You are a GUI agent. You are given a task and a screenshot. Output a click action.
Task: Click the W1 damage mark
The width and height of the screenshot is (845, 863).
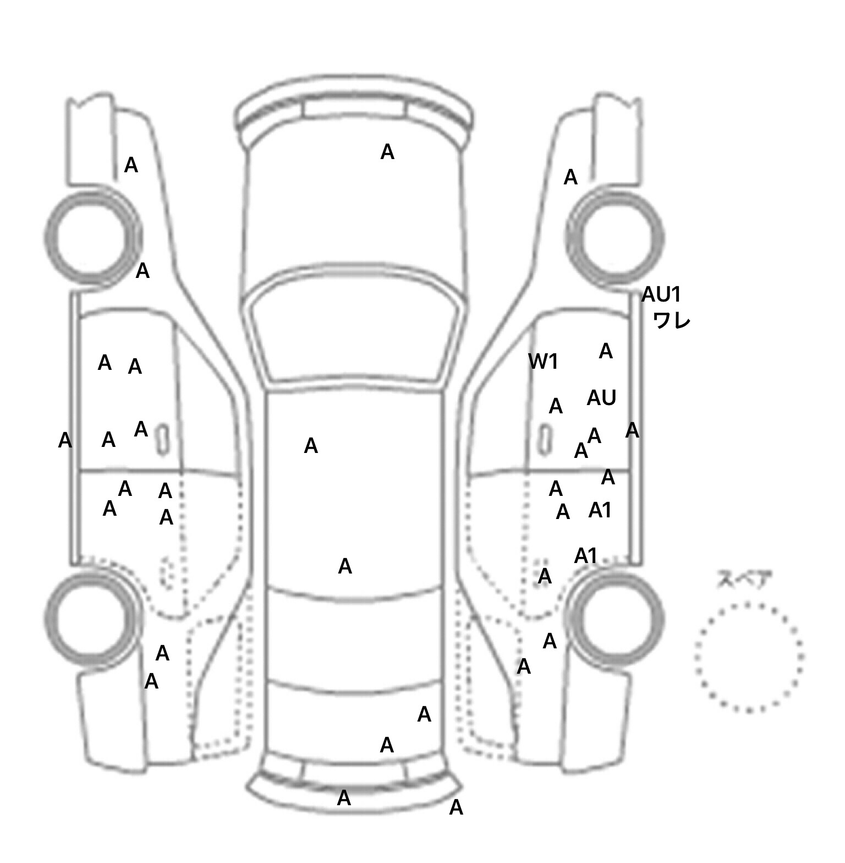(x=543, y=362)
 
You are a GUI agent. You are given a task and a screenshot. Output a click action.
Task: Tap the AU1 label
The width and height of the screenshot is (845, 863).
(x=661, y=295)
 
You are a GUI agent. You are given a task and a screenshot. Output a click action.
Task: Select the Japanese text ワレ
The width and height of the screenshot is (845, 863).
(x=672, y=320)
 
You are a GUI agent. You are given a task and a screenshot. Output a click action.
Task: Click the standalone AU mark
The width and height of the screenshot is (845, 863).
(x=601, y=398)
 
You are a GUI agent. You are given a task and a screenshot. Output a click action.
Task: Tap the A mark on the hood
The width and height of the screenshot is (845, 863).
(x=387, y=152)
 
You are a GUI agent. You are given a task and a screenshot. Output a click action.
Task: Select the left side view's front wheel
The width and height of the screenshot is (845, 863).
(x=92, y=237)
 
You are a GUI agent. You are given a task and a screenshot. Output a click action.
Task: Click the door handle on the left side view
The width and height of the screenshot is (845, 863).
(x=163, y=439)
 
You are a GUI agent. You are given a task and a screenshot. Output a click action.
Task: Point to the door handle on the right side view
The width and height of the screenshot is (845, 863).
(x=545, y=440)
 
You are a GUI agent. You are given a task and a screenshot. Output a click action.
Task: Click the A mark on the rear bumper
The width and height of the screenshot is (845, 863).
(x=344, y=798)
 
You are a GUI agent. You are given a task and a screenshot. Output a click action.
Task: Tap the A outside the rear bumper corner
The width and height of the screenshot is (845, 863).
(x=456, y=807)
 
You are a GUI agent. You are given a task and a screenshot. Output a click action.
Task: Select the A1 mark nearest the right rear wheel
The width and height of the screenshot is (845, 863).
(x=585, y=556)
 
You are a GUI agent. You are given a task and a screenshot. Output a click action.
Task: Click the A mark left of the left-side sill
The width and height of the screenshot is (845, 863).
(x=65, y=440)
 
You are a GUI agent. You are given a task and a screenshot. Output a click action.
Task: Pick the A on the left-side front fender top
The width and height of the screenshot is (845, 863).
(x=131, y=165)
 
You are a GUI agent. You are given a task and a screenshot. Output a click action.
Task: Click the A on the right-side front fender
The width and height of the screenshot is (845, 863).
(x=570, y=177)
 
